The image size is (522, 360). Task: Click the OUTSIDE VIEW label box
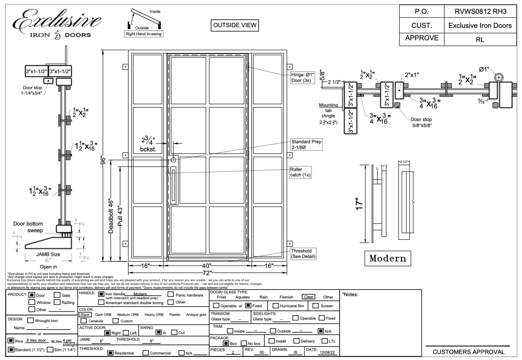[234, 25]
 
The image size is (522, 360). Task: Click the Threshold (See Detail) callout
[303, 254]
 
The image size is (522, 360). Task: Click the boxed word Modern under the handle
[387, 258]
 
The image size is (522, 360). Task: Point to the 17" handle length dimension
[357, 203]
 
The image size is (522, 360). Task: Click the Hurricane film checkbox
[275, 306]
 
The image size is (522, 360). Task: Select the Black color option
[85, 314]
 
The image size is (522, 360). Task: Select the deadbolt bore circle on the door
[173, 160]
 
